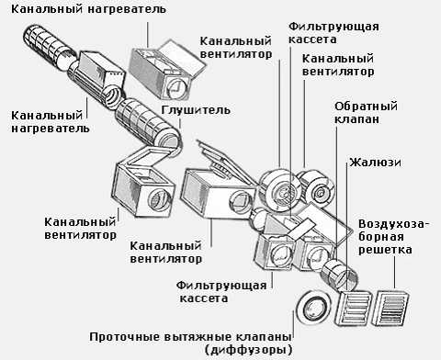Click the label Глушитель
[196, 110]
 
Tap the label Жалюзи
[376, 163]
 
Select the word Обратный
[366, 107]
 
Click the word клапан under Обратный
[356, 119]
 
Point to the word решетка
[385, 250]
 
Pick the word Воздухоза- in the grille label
[394, 224]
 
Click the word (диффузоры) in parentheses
[248, 350]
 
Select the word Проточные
[125, 337]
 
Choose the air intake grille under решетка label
[390, 308]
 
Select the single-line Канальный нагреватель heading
[89, 9]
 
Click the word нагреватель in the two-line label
[51, 129]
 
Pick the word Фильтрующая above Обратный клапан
[334, 27]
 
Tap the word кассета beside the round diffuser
[204, 298]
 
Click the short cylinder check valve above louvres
[340, 274]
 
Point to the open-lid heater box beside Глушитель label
[167, 71]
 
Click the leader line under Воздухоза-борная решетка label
[394, 273]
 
